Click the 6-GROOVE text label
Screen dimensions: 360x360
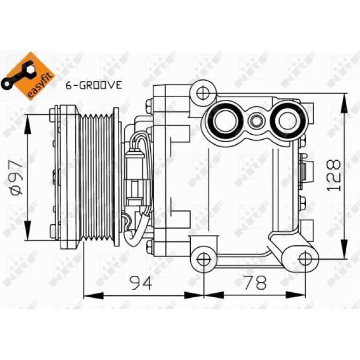[94, 85]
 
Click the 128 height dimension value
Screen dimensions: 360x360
[333, 175]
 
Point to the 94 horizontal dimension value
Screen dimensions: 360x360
[141, 283]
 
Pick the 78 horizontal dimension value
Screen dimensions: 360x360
[255, 282]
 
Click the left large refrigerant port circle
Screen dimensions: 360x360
[225, 120]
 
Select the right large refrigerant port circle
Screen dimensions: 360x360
[288, 120]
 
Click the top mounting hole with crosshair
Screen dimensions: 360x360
[203, 93]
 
